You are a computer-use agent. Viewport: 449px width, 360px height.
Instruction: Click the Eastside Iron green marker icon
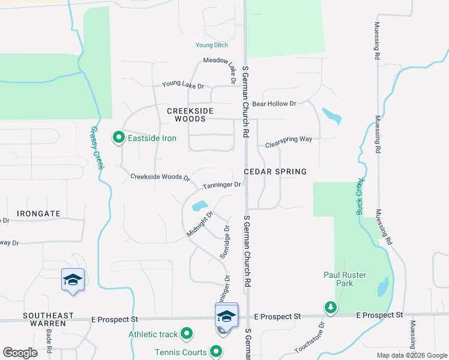click(x=118, y=138)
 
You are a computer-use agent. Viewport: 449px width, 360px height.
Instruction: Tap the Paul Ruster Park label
click(x=345, y=280)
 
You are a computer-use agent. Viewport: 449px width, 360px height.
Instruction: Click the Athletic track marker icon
click(x=187, y=333)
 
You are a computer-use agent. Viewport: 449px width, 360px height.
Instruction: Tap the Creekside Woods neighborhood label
click(x=186, y=115)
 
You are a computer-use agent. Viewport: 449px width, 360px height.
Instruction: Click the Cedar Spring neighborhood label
click(x=275, y=172)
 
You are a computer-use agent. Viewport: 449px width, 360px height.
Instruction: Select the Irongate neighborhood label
click(x=38, y=214)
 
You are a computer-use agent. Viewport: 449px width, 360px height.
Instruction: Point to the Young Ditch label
click(x=212, y=45)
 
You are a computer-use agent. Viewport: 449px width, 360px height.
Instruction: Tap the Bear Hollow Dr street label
click(x=274, y=104)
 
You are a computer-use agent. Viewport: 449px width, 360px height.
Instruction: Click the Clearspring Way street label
click(x=289, y=139)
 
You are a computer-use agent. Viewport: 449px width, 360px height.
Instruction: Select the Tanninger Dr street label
click(x=221, y=185)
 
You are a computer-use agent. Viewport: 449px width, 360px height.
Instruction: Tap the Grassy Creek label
click(x=96, y=147)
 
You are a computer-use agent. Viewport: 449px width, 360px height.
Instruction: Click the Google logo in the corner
click(x=20, y=353)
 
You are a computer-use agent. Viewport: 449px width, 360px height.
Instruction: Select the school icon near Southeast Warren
click(x=73, y=280)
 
